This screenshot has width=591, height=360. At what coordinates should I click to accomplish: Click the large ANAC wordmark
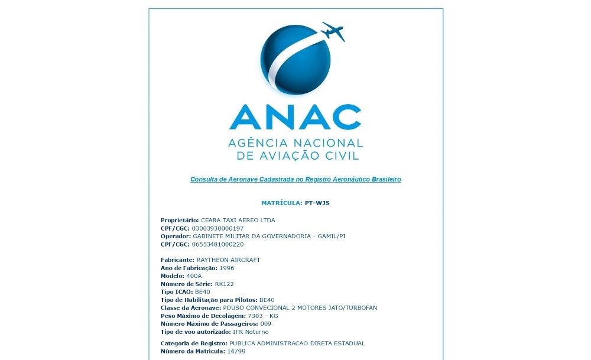[295, 117]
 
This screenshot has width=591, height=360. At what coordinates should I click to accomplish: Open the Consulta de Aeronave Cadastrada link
[295, 179]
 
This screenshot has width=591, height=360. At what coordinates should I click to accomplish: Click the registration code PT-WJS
[317, 203]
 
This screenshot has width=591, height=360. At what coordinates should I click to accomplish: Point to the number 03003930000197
[218, 228]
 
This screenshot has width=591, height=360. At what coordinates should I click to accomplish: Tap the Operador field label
[176, 236]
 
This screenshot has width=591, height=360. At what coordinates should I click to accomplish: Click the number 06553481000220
[218, 244]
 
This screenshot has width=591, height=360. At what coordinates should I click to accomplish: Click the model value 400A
[194, 275]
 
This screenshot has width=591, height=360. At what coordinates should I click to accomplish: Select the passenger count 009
[266, 324]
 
